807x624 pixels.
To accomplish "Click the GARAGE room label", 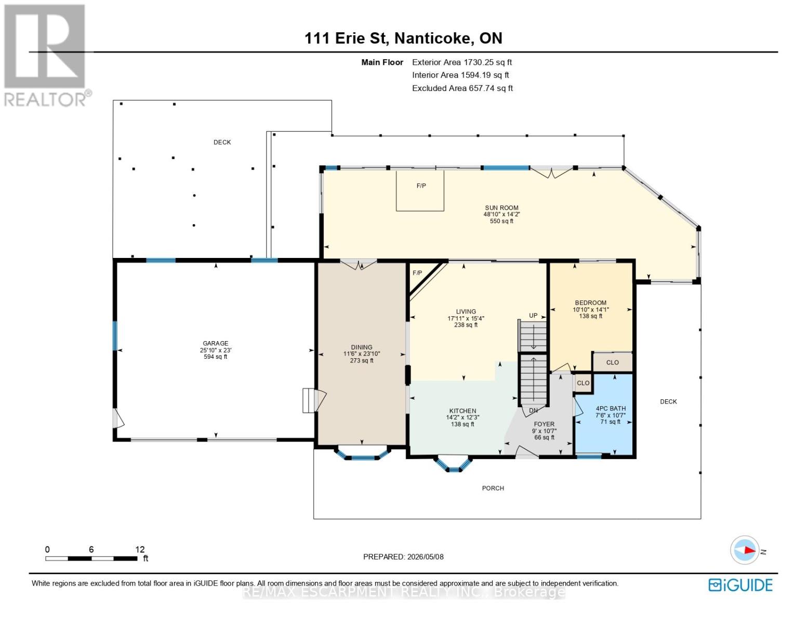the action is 216,343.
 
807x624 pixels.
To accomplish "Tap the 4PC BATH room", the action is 603,414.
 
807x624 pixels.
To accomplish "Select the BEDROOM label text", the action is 590,303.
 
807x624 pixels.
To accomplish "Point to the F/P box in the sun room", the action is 420,191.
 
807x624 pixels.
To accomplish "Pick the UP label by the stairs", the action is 533,316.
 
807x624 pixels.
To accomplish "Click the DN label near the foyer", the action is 533,411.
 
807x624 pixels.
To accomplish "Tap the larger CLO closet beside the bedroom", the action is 613,362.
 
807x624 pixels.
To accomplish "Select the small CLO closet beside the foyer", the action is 583,383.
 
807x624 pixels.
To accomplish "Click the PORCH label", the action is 493,488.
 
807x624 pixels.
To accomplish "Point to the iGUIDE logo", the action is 740,586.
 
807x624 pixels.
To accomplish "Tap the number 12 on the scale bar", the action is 140,550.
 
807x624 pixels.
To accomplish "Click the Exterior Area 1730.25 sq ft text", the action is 462,62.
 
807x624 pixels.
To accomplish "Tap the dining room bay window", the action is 362,453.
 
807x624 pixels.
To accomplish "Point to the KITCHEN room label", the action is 462,411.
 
